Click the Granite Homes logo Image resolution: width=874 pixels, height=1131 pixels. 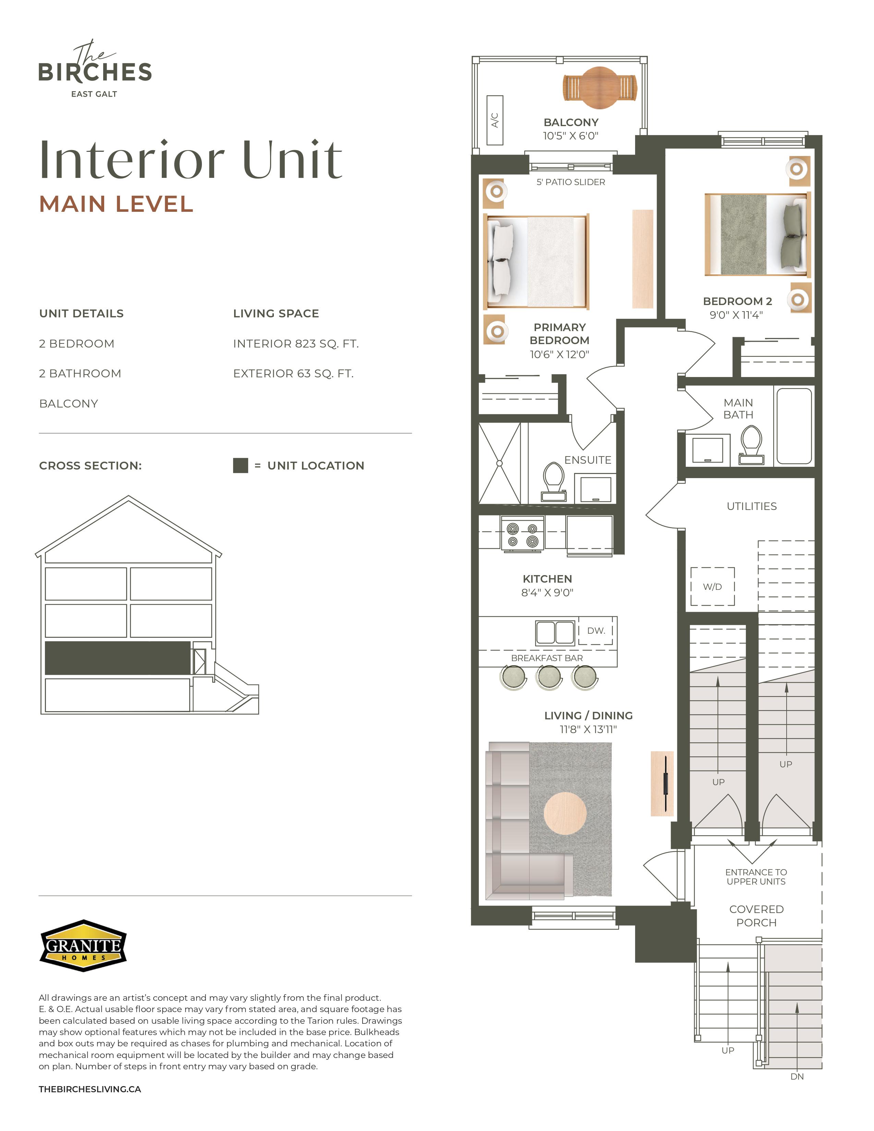pyautogui.click(x=83, y=946)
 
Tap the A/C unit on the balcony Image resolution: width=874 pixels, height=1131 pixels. pyautogui.click(x=495, y=120)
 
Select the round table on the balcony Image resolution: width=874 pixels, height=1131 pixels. pyautogui.click(x=599, y=88)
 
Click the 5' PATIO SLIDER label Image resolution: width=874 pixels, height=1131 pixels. pyautogui.click(x=571, y=182)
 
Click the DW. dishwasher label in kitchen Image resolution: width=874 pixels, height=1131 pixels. pyautogui.click(x=596, y=631)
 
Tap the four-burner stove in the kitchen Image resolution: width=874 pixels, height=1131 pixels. pyautogui.click(x=522, y=534)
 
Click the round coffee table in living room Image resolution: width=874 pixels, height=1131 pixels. pyautogui.click(x=565, y=813)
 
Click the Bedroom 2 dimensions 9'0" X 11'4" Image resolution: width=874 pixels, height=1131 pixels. pyautogui.click(x=736, y=315)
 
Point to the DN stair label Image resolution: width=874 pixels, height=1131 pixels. pyautogui.click(x=797, y=1077)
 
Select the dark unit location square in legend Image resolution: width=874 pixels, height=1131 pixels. pyautogui.click(x=240, y=465)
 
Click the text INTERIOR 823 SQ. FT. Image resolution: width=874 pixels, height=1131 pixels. pyautogui.click(x=296, y=344)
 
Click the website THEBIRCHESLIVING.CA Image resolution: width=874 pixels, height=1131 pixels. pyautogui.click(x=89, y=1089)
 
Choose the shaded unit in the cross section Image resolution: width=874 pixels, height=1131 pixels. pyautogui.click(x=118, y=658)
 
